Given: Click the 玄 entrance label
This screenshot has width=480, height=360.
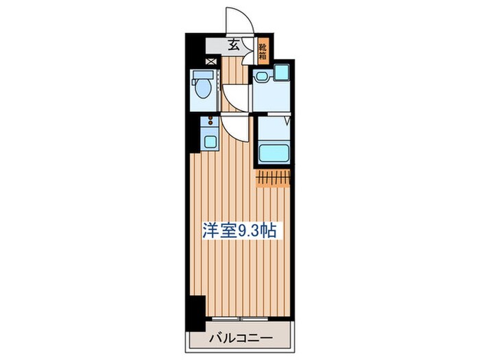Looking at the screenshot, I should point(233,46).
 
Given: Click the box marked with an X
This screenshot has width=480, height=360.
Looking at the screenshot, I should point(210,62).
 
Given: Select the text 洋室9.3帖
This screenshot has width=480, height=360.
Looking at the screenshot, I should point(239,232).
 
